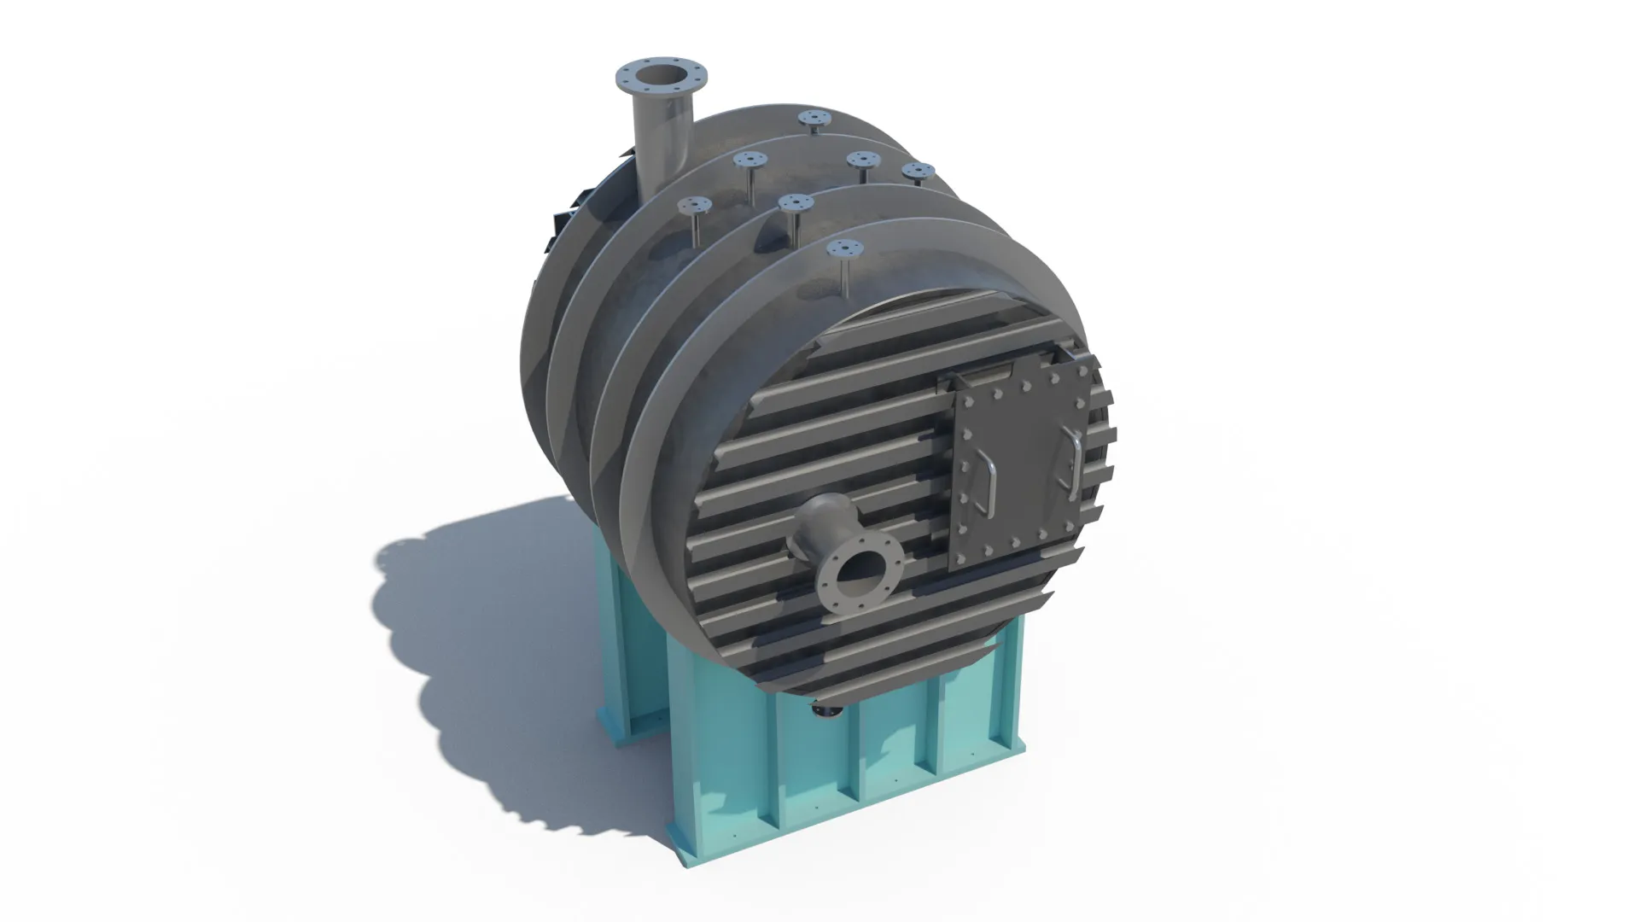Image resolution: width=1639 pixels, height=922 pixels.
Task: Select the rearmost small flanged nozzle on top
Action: click(x=814, y=118)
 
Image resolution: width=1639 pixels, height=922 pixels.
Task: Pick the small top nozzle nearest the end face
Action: click(x=846, y=249)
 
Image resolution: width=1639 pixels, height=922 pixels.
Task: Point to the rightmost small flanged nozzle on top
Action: click(x=919, y=170)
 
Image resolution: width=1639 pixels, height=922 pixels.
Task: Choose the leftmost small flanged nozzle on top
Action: click(x=696, y=205)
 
